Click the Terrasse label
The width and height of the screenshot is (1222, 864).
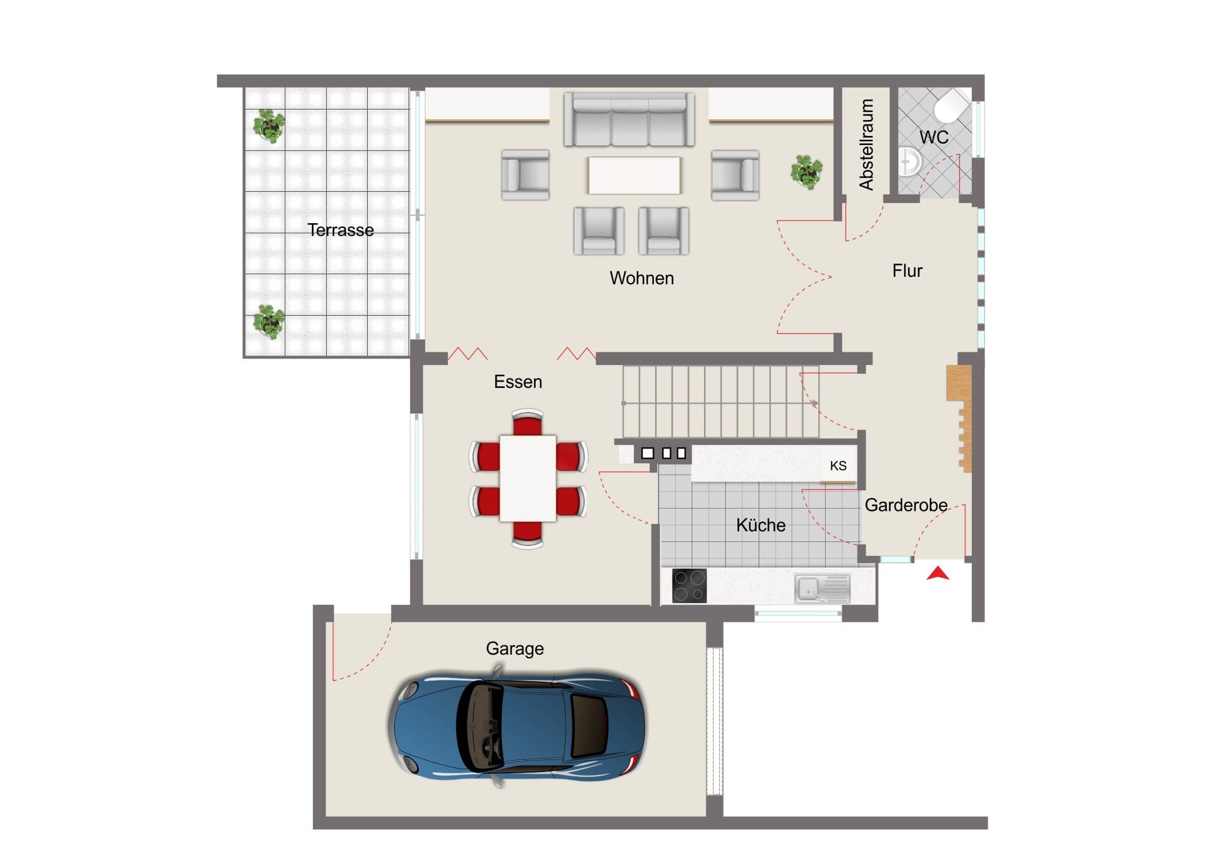[341, 230]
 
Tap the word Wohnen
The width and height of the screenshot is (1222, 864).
[642, 278]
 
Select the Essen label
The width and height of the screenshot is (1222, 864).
[518, 382]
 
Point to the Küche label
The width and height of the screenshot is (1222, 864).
[760, 525]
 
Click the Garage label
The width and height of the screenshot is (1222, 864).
[515, 649]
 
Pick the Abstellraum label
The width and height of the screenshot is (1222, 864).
[867, 145]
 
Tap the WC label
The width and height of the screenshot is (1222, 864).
[934, 137]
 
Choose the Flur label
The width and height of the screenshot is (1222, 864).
[907, 271]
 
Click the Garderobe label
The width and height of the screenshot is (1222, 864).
[906, 505]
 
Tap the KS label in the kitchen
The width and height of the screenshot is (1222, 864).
[838, 466]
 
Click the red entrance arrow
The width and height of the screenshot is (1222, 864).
[938, 573]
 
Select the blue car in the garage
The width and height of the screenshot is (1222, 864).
[516, 726]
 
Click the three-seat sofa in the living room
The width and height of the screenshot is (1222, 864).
[629, 119]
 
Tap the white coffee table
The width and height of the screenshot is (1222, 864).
[634, 175]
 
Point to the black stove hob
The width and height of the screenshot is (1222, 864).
[689, 586]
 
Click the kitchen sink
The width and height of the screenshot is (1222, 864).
[822, 588]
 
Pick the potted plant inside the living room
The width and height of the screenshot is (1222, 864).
[807, 172]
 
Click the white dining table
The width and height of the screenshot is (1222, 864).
[528, 478]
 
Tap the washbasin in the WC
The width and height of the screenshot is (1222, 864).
[910, 161]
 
